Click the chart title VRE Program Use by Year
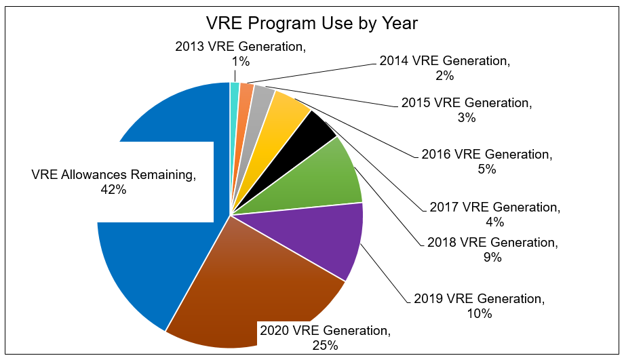[312, 24]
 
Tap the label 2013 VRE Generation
[240, 47]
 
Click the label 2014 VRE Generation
[444, 61]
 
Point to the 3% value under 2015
[467, 118]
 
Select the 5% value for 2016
[487, 169]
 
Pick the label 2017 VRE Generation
[495, 207]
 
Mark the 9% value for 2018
[492, 257]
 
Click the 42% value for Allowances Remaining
[113, 191]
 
